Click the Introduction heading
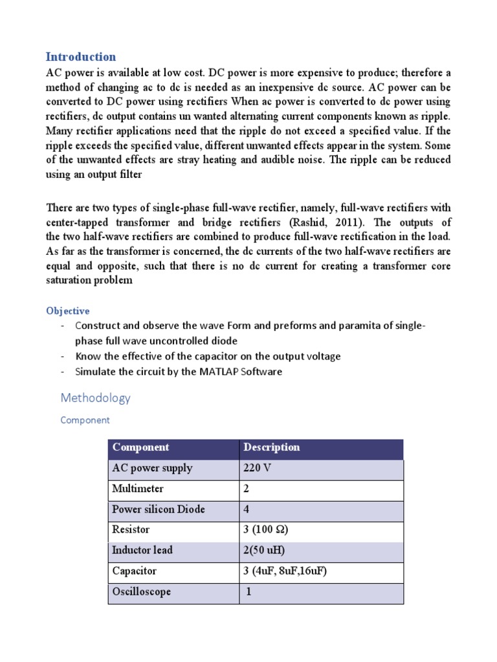[x=81, y=56]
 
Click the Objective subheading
[x=67, y=311]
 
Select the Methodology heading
[x=95, y=398]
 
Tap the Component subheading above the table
[x=85, y=420]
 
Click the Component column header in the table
[x=140, y=447]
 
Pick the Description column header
[x=272, y=447]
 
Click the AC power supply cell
[x=152, y=468]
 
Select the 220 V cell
[x=257, y=468]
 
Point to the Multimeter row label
[x=138, y=489]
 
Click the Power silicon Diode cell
[x=159, y=509]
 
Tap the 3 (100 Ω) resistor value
[x=265, y=530]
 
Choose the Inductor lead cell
[x=142, y=551]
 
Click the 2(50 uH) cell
[x=264, y=551]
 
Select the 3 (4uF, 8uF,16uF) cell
[x=280, y=571]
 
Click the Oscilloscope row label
[x=141, y=592]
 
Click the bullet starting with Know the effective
[x=208, y=356]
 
